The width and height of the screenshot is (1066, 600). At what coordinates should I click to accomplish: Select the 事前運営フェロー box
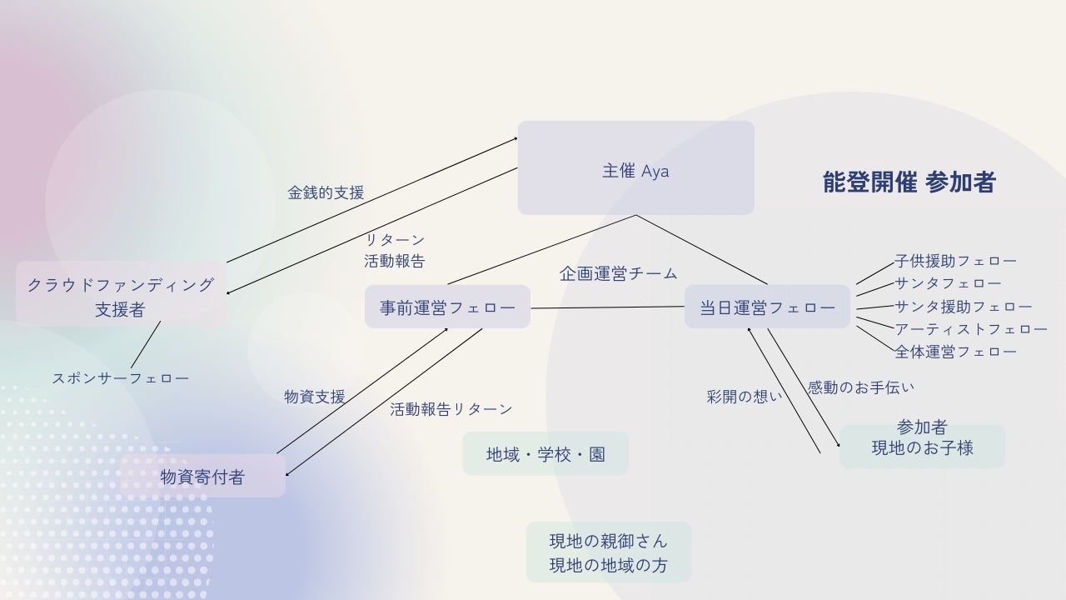click(447, 307)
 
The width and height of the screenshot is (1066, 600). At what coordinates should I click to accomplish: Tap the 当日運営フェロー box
click(767, 307)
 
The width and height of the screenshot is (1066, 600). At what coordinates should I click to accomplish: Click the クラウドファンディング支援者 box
click(121, 296)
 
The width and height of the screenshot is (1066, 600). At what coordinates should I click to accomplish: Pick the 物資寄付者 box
click(202, 477)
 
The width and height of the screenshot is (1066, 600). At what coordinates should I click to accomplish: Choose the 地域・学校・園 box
click(545, 454)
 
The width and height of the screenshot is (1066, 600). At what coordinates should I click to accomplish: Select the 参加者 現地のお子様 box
click(922, 446)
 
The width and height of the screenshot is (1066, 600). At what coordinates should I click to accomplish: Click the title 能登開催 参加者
click(909, 182)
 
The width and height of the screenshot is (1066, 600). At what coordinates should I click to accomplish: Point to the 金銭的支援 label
click(326, 192)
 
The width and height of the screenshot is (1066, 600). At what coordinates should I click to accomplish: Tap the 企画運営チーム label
click(618, 273)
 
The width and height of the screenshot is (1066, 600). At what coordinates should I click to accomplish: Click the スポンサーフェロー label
click(121, 377)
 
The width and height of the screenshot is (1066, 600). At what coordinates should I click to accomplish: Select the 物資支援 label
click(315, 397)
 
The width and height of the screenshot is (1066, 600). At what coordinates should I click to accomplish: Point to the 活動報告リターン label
click(451, 409)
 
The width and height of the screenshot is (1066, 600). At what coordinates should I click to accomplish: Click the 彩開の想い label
click(745, 397)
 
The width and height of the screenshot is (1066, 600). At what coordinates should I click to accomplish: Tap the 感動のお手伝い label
click(861, 387)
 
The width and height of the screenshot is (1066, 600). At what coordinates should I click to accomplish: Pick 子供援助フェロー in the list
click(955, 261)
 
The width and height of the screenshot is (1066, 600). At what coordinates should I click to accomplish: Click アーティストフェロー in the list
click(971, 329)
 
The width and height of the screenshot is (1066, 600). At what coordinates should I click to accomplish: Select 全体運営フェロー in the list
click(955, 352)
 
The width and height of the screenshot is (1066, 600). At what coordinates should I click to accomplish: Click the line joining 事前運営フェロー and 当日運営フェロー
click(607, 307)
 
